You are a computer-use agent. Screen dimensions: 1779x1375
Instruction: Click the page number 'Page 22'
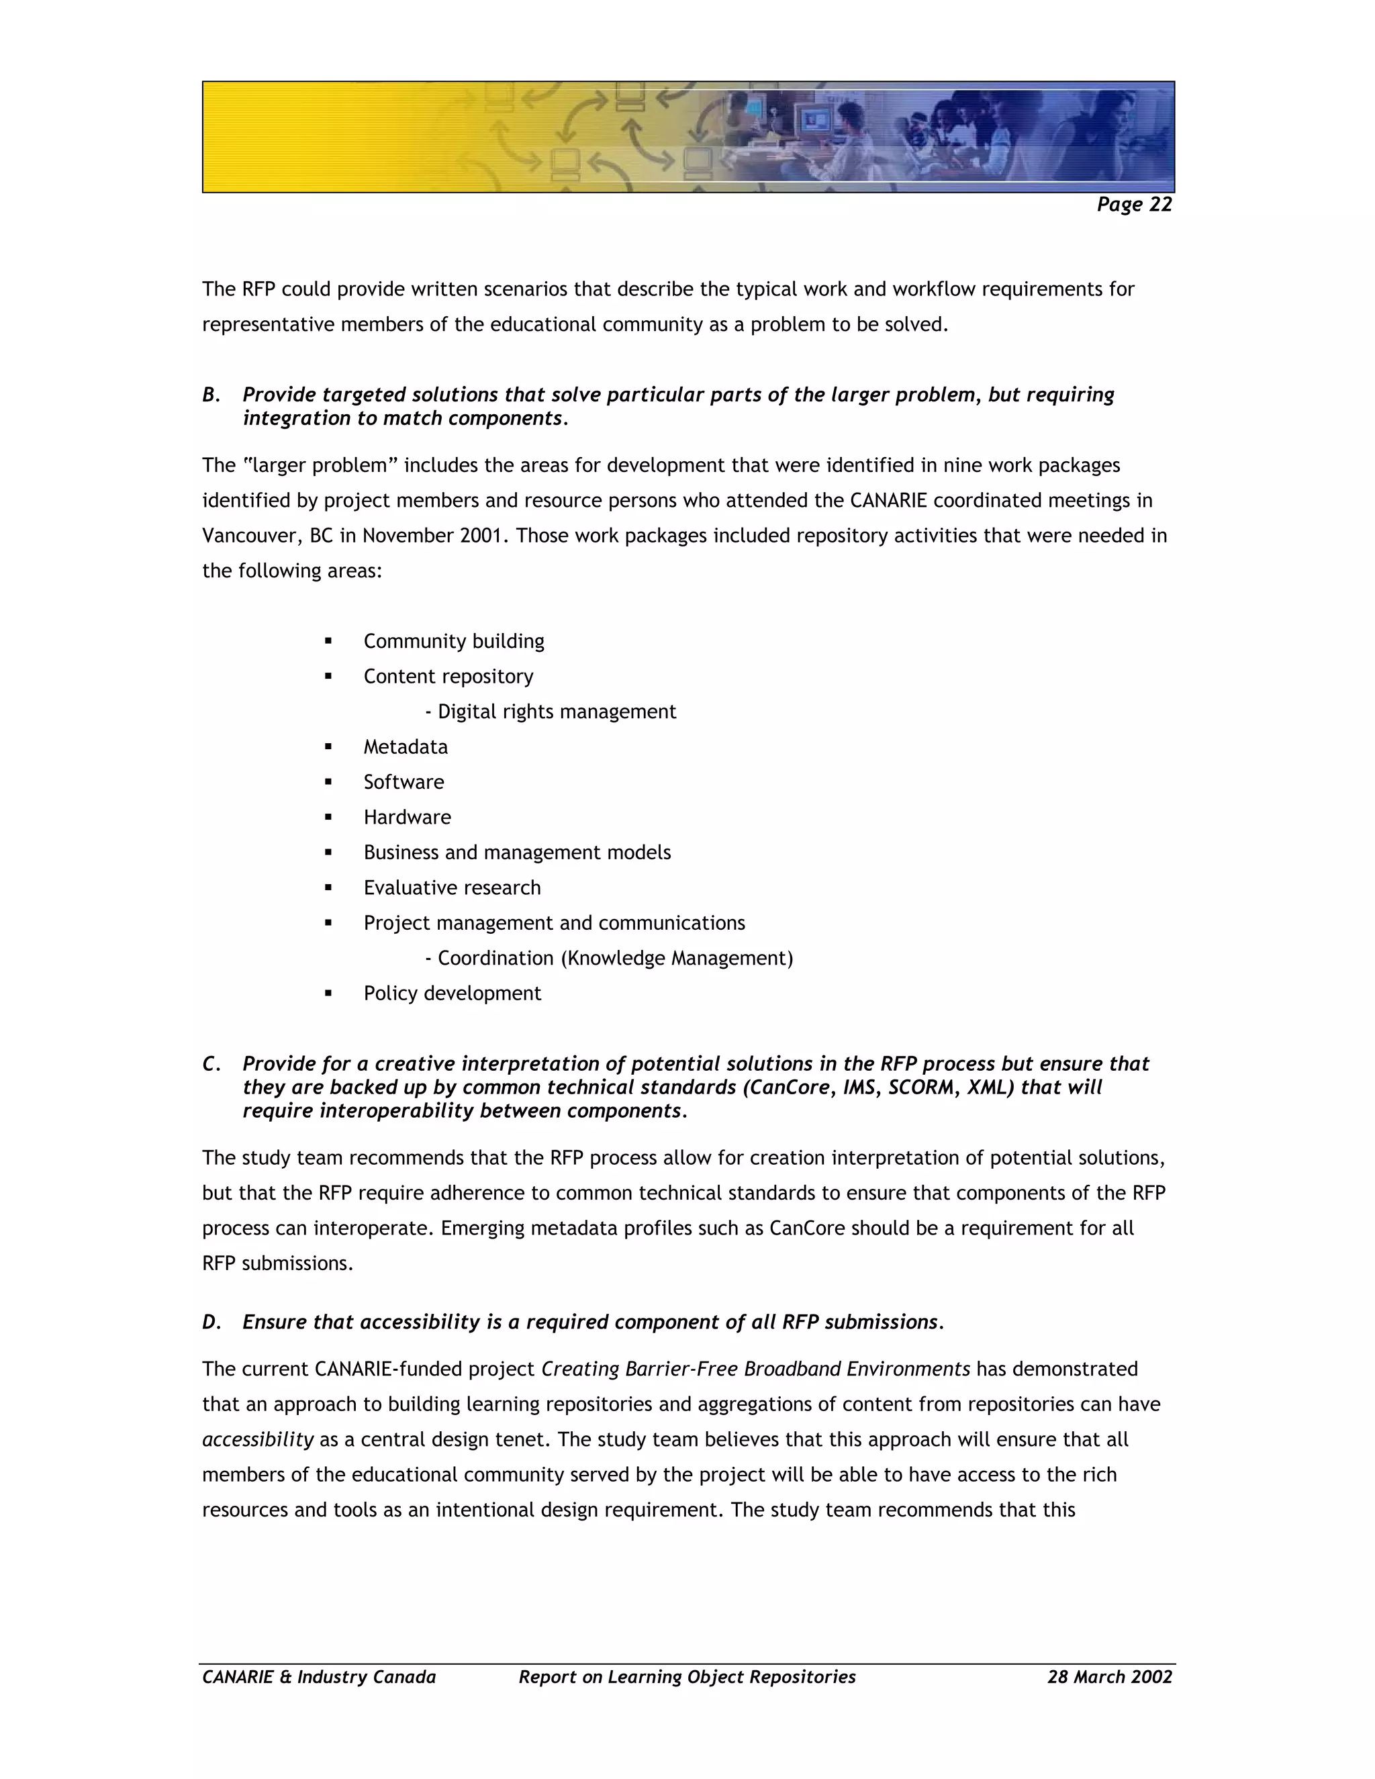pyautogui.click(x=1133, y=205)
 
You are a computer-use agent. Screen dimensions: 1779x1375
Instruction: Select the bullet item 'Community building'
pyautogui.click(x=454, y=641)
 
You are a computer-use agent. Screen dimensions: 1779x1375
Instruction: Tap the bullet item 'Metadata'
pyautogui.click(x=405, y=747)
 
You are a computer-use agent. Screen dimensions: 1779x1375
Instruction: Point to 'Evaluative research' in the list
pyautogui.click(x=452, y=888)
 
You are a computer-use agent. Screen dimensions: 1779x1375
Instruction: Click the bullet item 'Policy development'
pyautogui.click(x=452, y=994)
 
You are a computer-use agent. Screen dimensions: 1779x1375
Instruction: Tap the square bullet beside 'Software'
pyautogui.click(x=328, y=782)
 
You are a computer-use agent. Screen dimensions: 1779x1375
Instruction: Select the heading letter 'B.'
pyautogui.click(x=211, y=395)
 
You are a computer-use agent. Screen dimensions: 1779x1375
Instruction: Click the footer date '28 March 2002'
pyautogui.click(x=1109, y=1677)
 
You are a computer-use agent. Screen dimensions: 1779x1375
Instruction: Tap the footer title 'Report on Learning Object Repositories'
pyautogui.click(x=687, y=1677)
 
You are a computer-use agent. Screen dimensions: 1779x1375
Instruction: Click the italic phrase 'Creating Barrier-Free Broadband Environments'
pyautogui.click(x=755, y=1369)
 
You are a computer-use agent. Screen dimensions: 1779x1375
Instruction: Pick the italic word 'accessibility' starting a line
pyautogui.click(x=257, y=1439)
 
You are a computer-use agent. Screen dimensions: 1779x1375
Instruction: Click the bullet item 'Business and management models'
pyautogui.click(x=517, y=853)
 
